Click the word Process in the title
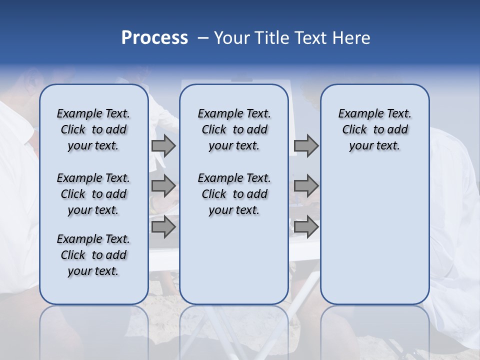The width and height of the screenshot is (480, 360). [154, 38]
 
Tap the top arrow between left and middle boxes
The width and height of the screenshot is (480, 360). [163, 146]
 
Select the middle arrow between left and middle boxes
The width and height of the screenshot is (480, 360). [163, 186]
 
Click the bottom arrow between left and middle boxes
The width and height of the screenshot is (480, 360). [163, 226]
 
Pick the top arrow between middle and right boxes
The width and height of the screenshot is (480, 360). [306, 146]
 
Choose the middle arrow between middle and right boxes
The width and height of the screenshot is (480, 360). [306, 186]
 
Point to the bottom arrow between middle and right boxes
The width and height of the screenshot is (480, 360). [306, 226]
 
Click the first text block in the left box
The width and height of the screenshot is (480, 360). [93, 129]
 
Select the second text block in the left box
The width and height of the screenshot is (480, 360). [93, 194]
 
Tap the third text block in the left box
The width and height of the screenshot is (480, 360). [93, 255]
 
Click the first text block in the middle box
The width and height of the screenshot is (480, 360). [234, 129]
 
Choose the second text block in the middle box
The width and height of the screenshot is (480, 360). [234, 194]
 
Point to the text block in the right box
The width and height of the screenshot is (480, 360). [374, 129]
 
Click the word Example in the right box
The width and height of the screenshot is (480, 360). [356, 113]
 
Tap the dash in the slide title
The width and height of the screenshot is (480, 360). [203, 38]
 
